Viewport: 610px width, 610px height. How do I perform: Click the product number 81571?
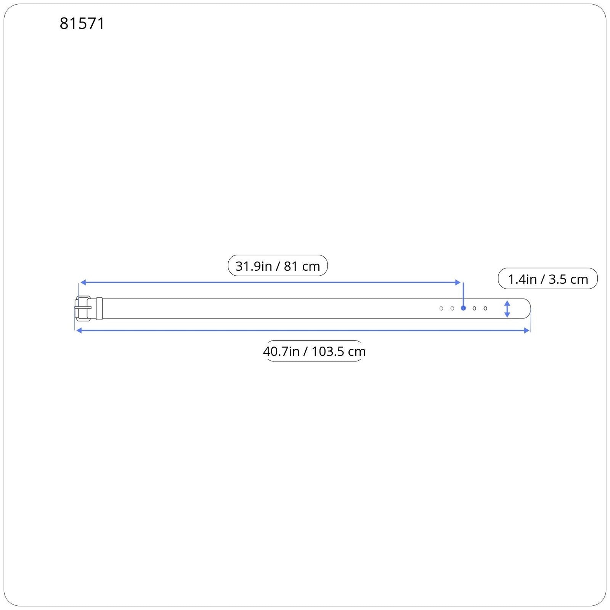tap(82, 24)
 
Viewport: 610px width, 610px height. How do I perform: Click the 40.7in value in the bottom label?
tap(281, 351)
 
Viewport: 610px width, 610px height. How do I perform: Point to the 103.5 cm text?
tap(339, 351)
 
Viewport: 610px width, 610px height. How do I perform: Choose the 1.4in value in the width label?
tap(522, 279)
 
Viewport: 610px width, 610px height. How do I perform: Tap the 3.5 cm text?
tap(568, 279)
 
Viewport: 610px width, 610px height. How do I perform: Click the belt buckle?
tap(83, 308)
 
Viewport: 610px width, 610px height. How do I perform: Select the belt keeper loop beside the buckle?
tap(100, 308)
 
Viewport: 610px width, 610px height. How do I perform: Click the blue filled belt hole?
tap(463, 308)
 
